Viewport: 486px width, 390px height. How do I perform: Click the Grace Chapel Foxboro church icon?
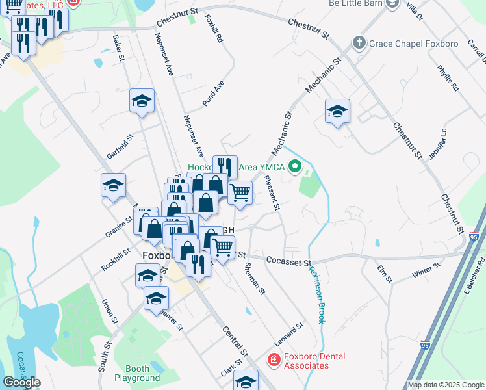(x=358, y=44)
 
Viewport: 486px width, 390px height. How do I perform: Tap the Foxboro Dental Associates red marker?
(x=274, y=359)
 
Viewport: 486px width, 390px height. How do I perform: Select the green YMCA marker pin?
(x=296, y=167)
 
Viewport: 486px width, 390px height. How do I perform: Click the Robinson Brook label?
(x=316, y=296)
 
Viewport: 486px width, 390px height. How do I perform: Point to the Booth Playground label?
(x=137, y=372)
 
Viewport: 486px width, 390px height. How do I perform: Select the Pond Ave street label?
(x=212, y=94)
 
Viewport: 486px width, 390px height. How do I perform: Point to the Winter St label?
(x=427, y=271)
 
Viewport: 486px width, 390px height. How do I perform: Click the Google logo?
(x=22, y=382)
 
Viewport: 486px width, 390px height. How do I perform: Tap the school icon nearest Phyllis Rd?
(x=337, y=110)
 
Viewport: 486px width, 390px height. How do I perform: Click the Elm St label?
(x=385, y=274)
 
